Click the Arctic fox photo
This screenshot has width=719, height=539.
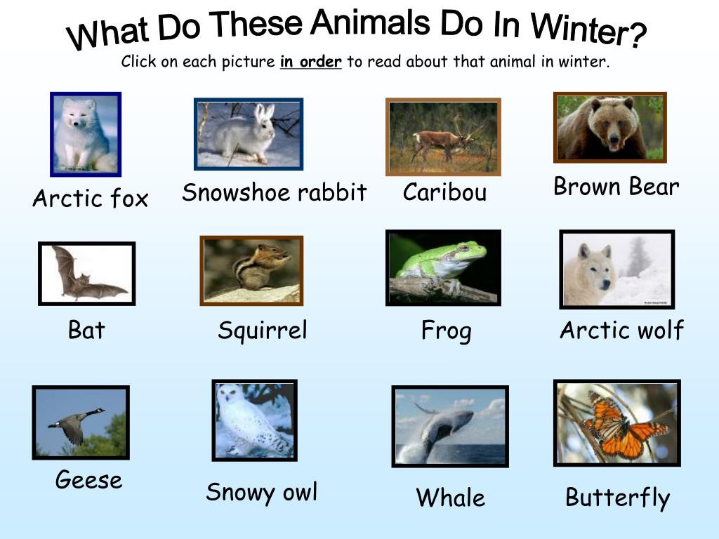(86, 134)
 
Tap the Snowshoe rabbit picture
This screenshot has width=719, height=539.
(249, 134)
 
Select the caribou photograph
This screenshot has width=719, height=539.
(443, 137)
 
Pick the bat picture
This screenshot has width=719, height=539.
(86, 274)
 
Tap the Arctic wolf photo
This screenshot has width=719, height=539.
(616, 269)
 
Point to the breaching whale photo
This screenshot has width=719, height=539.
(449, 426)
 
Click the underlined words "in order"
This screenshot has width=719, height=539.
(310, 62)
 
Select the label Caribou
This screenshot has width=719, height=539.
(444, 192)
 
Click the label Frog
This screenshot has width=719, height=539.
(446, 331)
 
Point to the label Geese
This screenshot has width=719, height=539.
(88, 480)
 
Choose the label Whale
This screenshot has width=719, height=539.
(450, 498)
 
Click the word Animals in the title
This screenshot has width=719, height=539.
(371, 24)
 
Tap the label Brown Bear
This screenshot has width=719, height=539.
(616, 187)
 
